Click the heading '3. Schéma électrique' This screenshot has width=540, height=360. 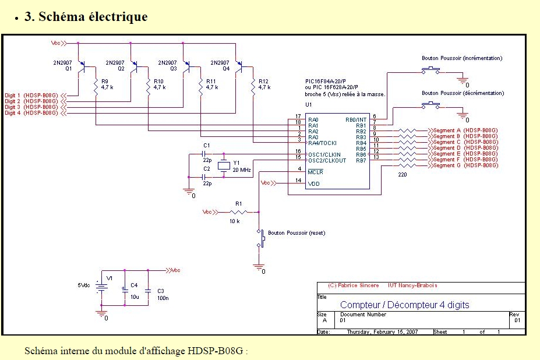86,17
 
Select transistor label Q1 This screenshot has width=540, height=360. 68,68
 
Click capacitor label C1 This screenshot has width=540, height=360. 206,144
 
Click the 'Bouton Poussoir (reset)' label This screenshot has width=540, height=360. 297,233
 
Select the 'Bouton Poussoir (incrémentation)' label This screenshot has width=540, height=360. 461,58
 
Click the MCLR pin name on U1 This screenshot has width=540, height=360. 315,172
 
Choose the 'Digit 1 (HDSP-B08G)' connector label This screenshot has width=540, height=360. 31,95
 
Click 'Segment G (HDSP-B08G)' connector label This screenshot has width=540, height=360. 465,165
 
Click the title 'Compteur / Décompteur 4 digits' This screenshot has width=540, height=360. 404,305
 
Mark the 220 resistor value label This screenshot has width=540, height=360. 402,174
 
